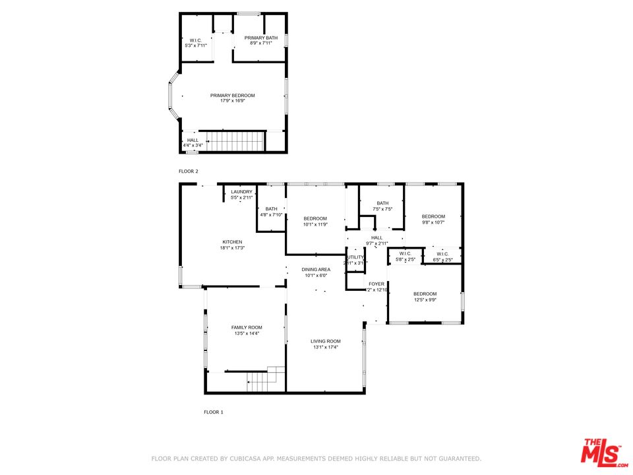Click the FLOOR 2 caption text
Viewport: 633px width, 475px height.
tap(189, 172)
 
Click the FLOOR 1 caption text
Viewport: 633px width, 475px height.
tap(213, 412)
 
